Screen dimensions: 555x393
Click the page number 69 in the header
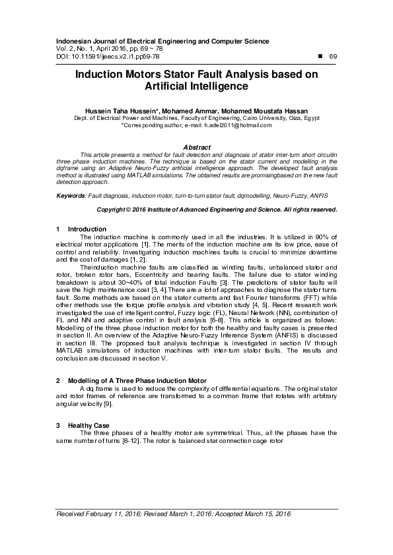point(333,57)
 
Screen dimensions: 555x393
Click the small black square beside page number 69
point(320,57)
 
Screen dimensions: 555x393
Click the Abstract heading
point(196,146)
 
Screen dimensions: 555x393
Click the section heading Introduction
point(83,229)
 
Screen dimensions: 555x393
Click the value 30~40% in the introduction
point(135,282)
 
